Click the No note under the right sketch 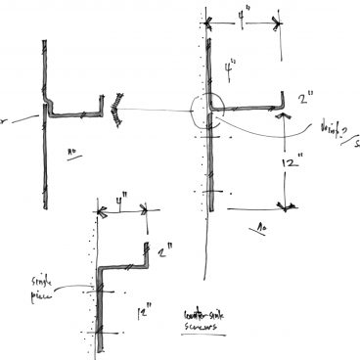point(262,225)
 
